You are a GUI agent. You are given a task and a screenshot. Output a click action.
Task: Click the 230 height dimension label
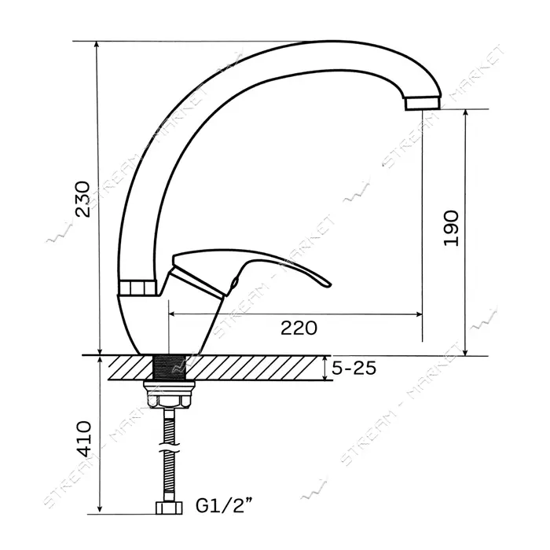(x=82, y=199)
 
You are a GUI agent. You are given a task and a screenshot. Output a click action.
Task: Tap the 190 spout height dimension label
(x=451, y=229)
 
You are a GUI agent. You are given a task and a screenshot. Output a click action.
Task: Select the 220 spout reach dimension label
(x=299, y=328)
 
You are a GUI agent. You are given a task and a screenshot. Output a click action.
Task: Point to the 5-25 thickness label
(x=354, y=368)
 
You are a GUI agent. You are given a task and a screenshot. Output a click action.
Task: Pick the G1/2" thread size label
(x=224, y=506)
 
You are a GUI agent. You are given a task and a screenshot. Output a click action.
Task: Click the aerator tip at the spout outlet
(x=423, y=103)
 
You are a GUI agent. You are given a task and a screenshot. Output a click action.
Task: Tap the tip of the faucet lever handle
(x=329, y=284)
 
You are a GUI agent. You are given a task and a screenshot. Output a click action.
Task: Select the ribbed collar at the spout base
(x=137, y=288)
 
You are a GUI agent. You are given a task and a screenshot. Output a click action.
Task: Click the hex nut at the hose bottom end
(x=169, y=508)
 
